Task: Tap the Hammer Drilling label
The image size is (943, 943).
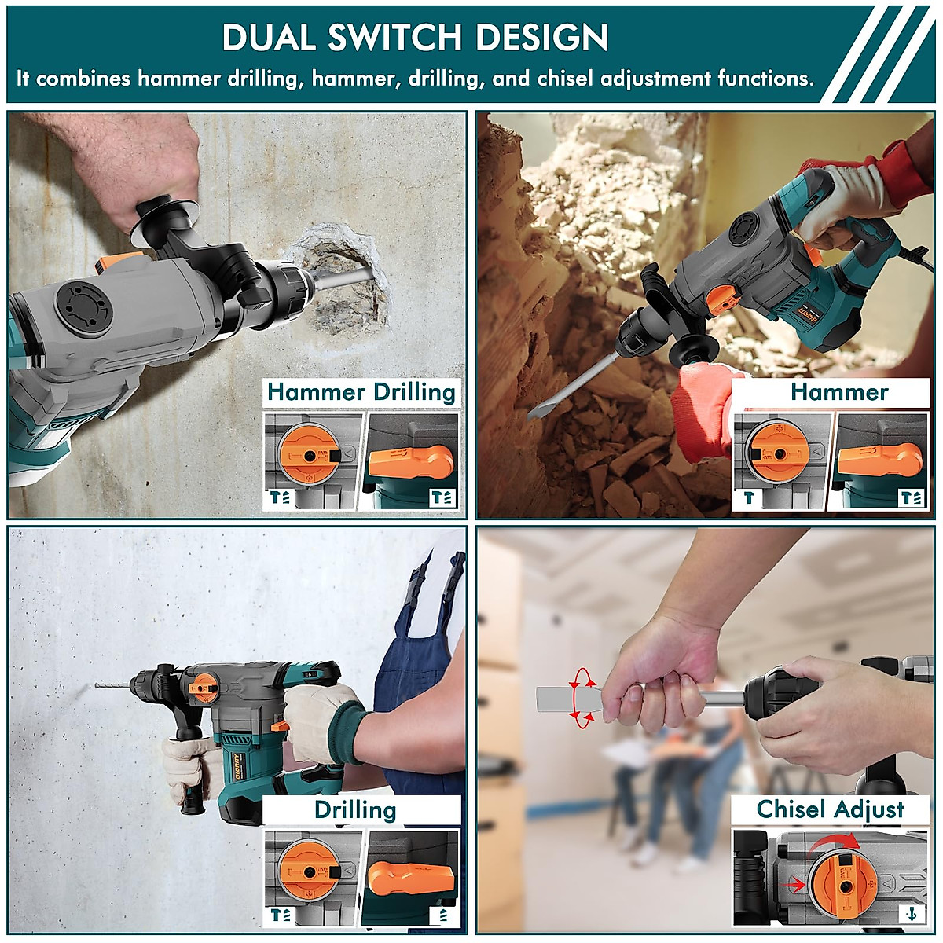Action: click(361, 392)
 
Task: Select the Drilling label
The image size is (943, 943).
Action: click(355, 810)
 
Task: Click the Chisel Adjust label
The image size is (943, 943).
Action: click(830, 809)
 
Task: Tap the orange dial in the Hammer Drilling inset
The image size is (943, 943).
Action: click(307, 457)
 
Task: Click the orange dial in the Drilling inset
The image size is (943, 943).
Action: click(307, 872)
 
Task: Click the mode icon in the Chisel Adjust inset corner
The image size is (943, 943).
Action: click(912, 914)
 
